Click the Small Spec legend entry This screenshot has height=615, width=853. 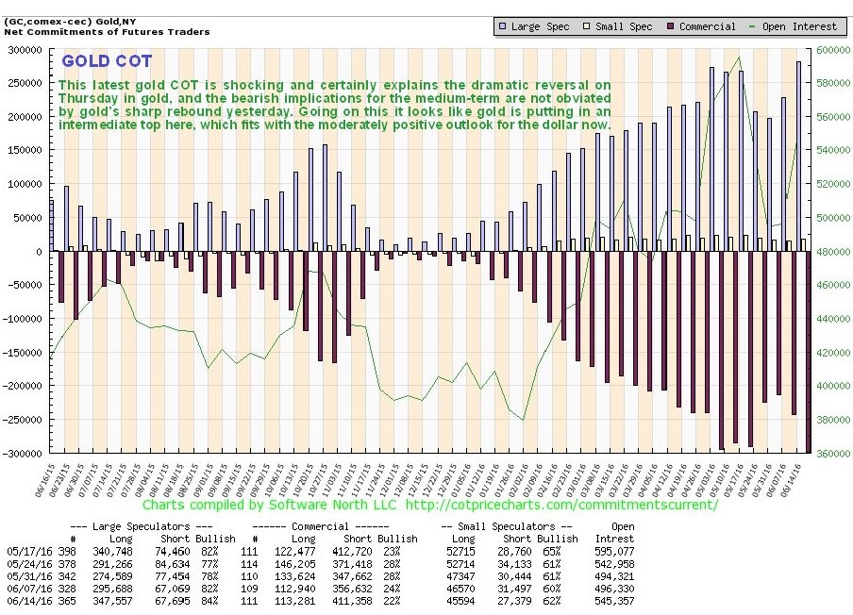(x=620, y=26)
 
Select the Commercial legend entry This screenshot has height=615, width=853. (x=703, y=26)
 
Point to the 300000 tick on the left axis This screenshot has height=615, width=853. (x=25, y=50)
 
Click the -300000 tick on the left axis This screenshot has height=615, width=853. (x=25, y=454)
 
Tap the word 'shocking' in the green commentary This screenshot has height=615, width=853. (x=267, y=85)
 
